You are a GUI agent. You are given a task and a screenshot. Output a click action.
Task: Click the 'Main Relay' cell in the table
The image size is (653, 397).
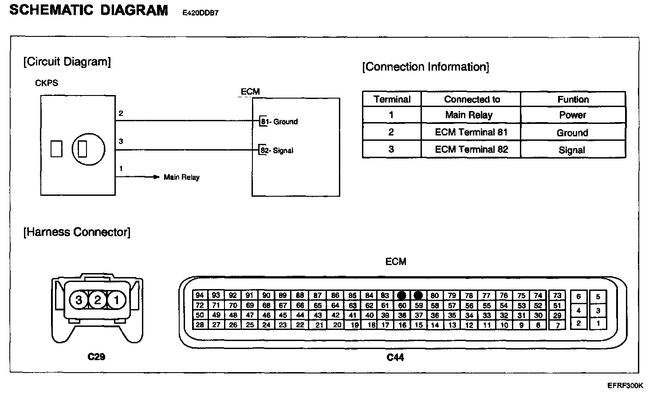click(x=469, y=115)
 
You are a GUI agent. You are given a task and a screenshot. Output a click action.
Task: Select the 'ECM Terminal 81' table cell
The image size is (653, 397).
click(x=471, y=132)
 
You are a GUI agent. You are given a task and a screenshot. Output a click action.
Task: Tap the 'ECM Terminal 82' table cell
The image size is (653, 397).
click(x=471, y=150)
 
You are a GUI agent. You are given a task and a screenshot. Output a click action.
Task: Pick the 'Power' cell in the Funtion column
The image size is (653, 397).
click(x=572, y=115)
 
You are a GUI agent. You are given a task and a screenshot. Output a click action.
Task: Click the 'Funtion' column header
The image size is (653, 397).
click(x=573, y=99)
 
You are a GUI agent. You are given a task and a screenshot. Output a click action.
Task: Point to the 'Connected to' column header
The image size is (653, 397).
click(x=472, y=99)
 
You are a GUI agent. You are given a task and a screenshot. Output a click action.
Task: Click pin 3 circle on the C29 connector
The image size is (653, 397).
click(x=79, y=300)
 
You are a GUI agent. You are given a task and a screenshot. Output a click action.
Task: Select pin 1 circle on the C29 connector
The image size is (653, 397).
click(x=117, y=300)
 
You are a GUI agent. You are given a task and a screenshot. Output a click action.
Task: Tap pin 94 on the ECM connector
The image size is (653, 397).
click(x=200, y=295)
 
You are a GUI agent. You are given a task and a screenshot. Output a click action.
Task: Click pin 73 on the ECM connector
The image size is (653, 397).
click(x=557, y=295)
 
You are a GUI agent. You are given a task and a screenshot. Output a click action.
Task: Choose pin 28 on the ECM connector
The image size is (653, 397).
click(x=200, y=325)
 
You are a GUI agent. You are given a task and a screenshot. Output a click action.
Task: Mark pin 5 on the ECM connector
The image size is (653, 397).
click(x=598, y=297)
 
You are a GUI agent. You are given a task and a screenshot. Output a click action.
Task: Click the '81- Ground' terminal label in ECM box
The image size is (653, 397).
click(x=279, y=122)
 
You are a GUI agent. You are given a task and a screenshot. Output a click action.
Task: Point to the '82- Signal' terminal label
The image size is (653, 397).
click(x=277, y=151)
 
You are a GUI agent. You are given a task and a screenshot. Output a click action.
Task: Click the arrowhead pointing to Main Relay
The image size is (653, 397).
click(x=156, y=177)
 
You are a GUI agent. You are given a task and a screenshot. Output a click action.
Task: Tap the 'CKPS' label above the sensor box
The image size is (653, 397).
click(x=47, y=83)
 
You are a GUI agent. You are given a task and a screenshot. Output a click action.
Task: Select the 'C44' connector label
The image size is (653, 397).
click(x=395, y=357)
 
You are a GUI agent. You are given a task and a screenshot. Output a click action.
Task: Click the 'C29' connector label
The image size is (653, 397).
click(x=96, y=356)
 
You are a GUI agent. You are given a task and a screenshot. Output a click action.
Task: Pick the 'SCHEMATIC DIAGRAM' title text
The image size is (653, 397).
click(x=89, y=10)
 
